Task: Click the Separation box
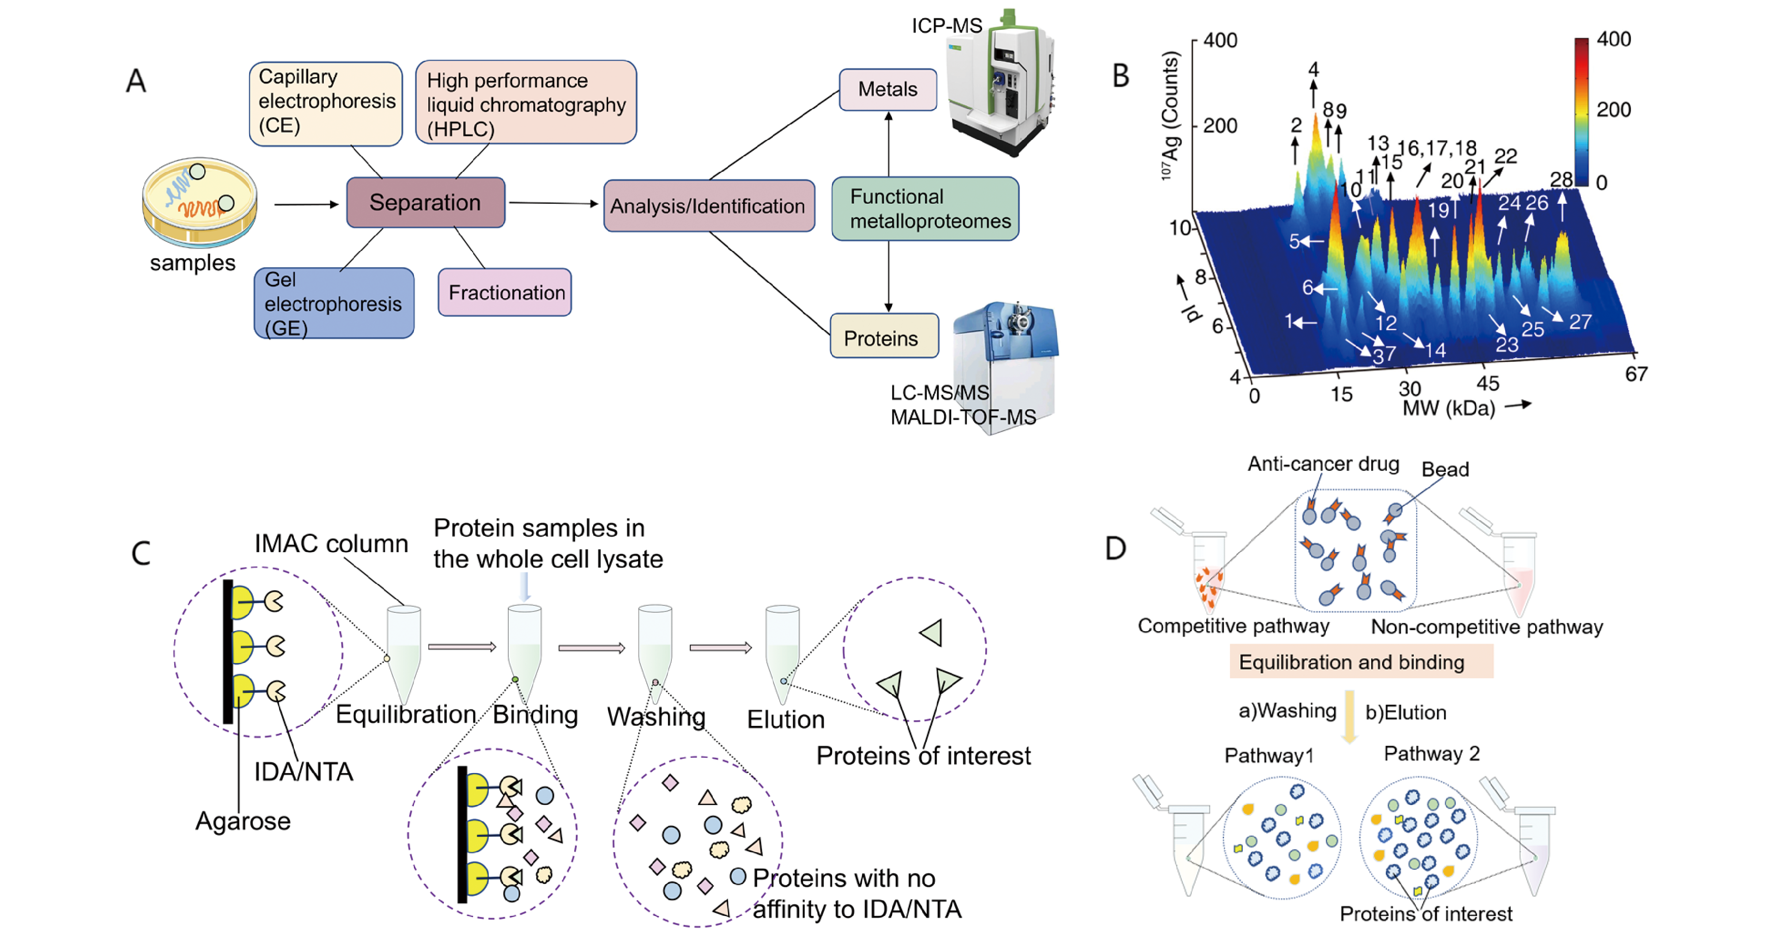425,203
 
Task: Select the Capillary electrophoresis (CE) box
326,103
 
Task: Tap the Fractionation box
505,292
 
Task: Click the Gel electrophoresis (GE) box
334,303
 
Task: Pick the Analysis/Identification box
709,205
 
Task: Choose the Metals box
887,90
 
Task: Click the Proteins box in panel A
884,336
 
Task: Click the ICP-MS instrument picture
999,83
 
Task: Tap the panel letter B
1121,76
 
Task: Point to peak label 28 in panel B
1561,180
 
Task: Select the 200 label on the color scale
1614,110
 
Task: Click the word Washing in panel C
656,717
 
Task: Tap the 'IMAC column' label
331,544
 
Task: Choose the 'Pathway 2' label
1432,753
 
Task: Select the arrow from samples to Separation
307,204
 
